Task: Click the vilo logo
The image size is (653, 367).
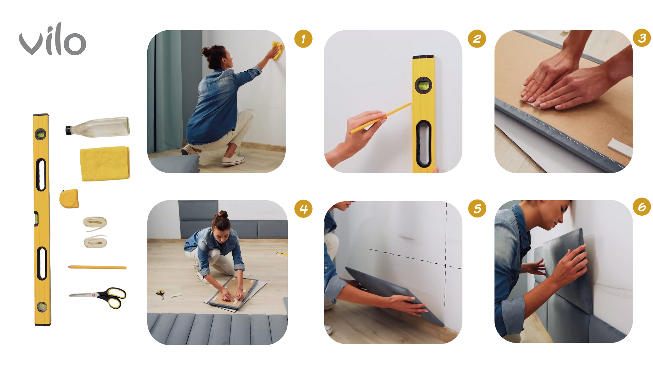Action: pyautogui.click(x=52, y=40)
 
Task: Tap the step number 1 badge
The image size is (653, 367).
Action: pyautogui.click(x=303, y=39)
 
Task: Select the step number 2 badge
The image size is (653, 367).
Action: pyautogui.click(x=477, y=39)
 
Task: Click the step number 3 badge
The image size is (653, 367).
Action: pyautogui.click(x=642, y=38)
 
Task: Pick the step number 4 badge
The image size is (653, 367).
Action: pyautogui.click(x=303, y=209)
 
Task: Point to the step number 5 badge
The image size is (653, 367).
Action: pyautogui.click(x=477, y=209)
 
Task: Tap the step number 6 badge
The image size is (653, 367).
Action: pyautogui.click(x=642, y=207)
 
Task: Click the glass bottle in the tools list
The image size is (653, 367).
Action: pyautogui.click(x=98, y=126)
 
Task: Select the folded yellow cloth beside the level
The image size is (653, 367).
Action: pyautogui.click(x=105, y=163)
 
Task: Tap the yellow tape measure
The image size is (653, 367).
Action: pyautogui.click(x=69, y=198)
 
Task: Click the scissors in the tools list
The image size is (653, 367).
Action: pyautogui.click(x=99, y=297)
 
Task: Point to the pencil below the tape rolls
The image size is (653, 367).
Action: pyautogui.click(x=97, y=267)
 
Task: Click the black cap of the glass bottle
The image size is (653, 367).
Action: pyautogui.click(x=69, y=130)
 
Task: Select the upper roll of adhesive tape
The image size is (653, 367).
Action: pyautogui.click(x=95, y=223)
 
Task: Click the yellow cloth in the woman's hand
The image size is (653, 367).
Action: pyautogui.click(x=277, y=50)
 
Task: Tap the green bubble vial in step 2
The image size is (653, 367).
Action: pyautogui.click(x=423, y=85)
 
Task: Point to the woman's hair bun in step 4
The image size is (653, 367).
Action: pyautogui.click(x=222, y=214)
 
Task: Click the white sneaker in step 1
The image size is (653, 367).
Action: pyautogui.click(x=233, y=160)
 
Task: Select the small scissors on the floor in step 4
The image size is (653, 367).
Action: pyautogui.click(x=161, y=294)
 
